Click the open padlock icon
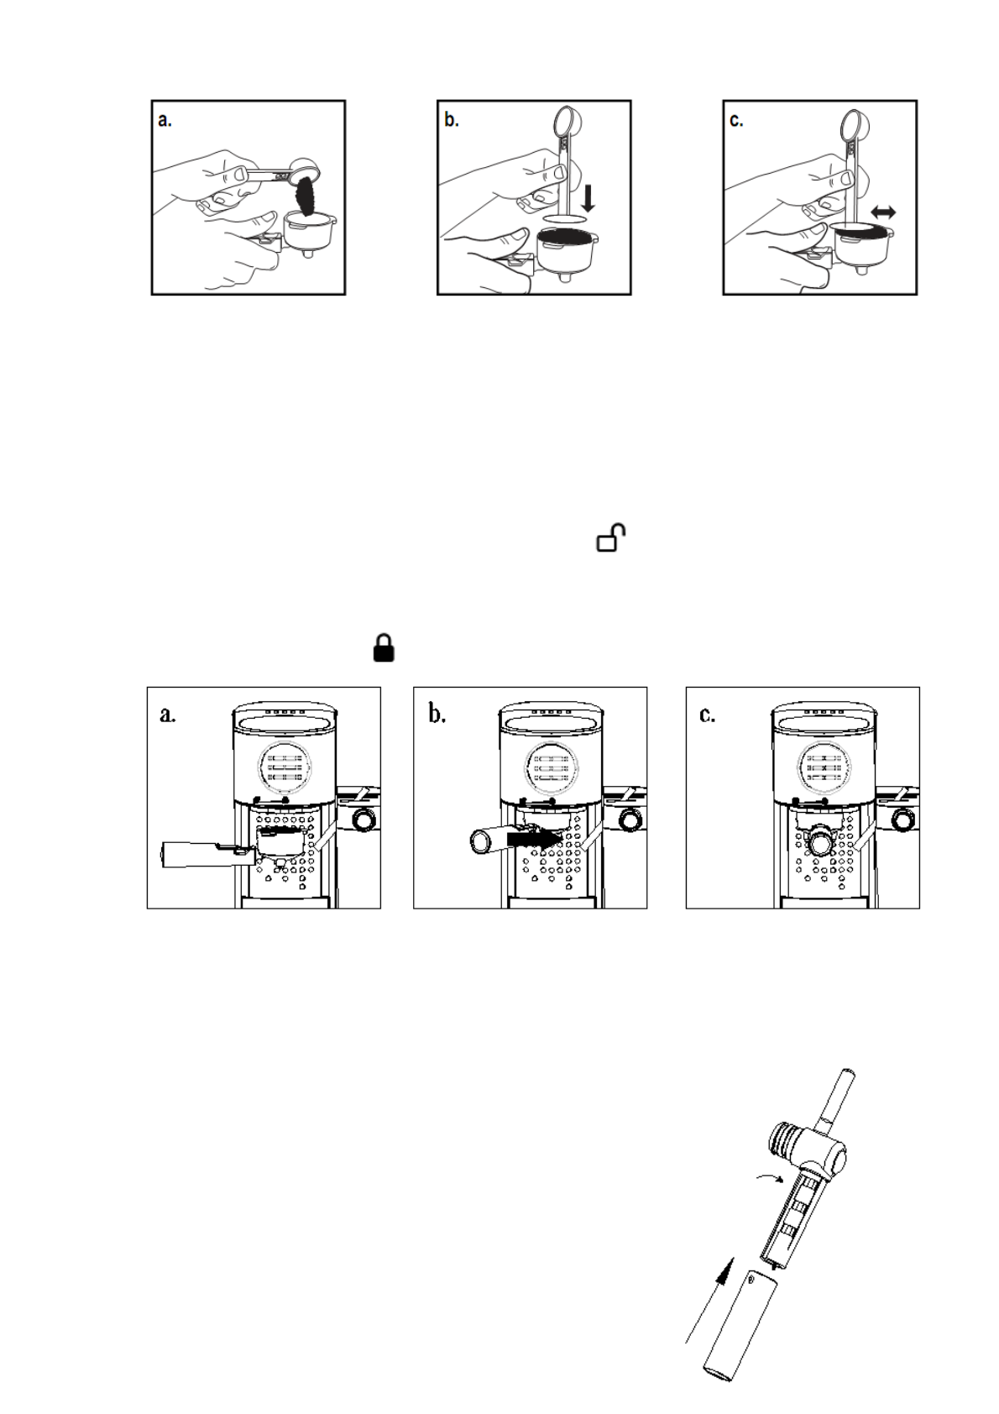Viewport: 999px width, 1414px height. click(612, 537)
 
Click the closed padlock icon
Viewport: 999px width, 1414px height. click(384, 648)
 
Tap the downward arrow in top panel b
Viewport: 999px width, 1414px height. click(588, 198)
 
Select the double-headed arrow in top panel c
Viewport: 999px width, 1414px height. click(882, 213)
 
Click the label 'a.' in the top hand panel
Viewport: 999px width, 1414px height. click(165, 121)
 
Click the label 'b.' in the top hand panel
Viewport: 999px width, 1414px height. click(452, 121)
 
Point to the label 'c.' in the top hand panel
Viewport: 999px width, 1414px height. click(736, 121)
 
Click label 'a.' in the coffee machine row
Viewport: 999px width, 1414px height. click(168, 715)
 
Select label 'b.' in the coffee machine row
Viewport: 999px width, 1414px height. click(437, 715)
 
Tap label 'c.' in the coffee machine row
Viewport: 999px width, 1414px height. click(708, 715)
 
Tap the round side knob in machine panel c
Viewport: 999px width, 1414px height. click(903, 820)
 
